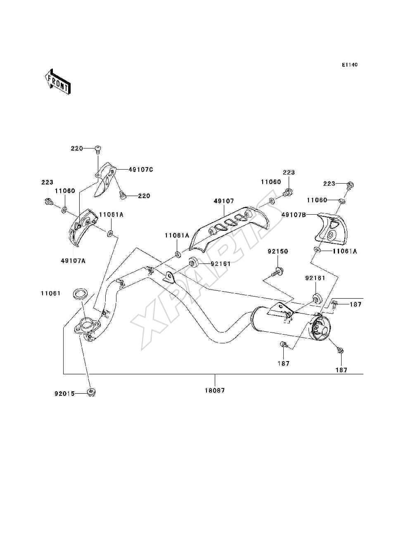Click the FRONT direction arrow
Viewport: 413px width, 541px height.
58,81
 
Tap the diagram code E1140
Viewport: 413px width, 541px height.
349,65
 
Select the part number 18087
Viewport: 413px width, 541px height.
215,390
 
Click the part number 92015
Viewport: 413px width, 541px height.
64,394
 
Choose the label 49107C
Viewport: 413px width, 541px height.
140,170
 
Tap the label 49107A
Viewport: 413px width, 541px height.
73,261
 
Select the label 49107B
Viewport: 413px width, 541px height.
294,215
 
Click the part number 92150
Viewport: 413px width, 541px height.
278,251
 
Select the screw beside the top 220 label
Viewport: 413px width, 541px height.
98,149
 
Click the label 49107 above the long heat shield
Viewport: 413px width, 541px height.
224,201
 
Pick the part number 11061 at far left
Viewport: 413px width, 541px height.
50,293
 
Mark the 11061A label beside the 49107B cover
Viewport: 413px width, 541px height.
345,251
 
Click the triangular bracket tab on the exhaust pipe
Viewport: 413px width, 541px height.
169,277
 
